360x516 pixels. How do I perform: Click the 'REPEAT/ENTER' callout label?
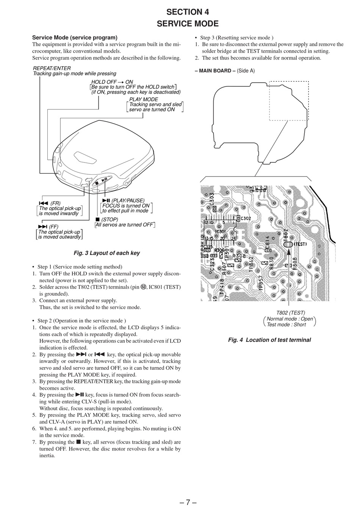pos(52,68)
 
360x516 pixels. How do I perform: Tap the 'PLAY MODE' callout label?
pos(144,99)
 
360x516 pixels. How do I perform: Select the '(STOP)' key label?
pos(110,219)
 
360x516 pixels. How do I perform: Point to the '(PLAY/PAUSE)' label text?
pos(128,200)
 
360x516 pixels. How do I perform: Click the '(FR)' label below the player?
pos(55,203)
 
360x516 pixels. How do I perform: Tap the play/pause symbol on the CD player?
pos(105,179)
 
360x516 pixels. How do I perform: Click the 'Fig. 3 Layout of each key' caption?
pos(106,253)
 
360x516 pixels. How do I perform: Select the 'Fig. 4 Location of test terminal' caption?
pos(269,340)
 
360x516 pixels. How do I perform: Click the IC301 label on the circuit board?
pos(220,231)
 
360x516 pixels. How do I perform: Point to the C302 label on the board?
pos(246,219)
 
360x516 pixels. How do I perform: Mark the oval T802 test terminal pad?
pos(288,245)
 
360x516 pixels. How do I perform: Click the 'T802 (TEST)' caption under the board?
pos(290,313)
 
